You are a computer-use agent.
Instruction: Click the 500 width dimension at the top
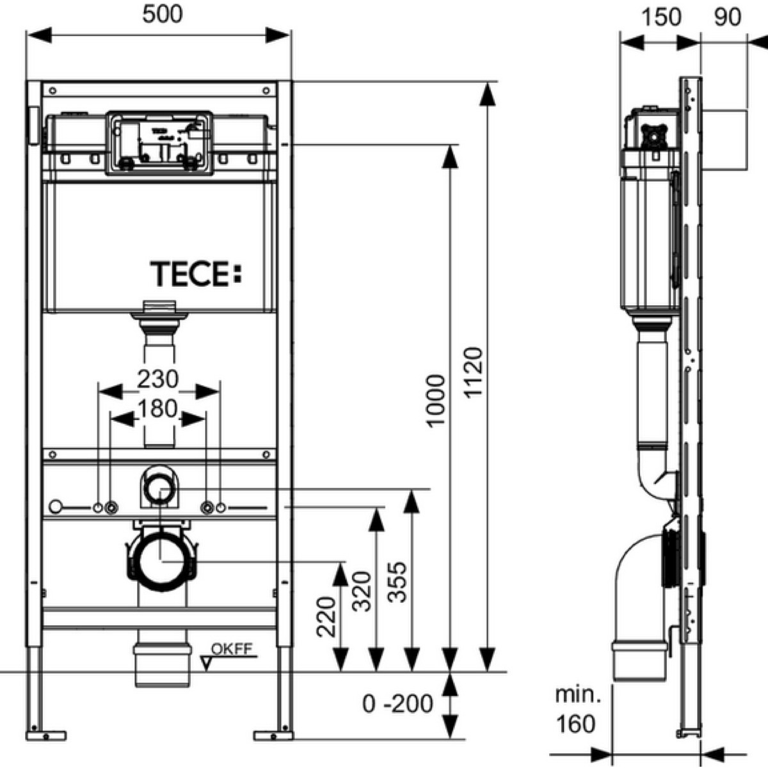tap(163, 14)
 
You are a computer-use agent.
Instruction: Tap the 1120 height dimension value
tap(474, 372)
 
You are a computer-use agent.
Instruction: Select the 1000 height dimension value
tap(435, 401)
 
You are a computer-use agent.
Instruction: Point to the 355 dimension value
tap(397, 582)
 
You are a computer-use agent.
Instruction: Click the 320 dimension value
tap(362, 591)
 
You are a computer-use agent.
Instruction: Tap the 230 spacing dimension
tap(158, 379)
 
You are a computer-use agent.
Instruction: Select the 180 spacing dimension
tap(158, 408)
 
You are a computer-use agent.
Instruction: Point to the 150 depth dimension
tap(661, 17)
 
